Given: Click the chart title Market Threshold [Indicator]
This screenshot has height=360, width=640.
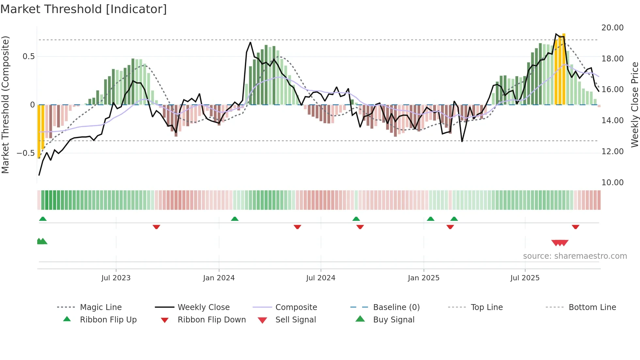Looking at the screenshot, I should click(84, 9).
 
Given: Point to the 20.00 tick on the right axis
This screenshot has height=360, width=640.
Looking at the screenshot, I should click(612, 28).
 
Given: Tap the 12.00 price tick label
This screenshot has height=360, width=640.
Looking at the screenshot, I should click(612, 152).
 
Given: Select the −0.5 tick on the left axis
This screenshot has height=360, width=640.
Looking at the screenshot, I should click(25, 153).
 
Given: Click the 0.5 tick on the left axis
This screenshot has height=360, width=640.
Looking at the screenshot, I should click(28, 57).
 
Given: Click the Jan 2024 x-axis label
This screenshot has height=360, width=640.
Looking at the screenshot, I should click(219, 278).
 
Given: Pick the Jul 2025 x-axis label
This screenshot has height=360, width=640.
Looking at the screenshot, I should click(525, 278).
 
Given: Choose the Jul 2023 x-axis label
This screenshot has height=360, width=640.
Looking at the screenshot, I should click(116, 278).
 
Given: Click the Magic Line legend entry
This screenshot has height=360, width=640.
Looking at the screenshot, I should click(101, 307).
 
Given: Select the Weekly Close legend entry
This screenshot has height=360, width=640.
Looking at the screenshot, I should click(203, 307).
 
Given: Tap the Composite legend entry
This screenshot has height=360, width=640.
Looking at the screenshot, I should click(296, 307).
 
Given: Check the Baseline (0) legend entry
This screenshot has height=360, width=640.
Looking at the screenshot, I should click(396, 307).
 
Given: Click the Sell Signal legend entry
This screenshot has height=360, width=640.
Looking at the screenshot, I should click(296, 320).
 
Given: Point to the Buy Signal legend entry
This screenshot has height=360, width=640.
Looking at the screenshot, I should click(393, 320).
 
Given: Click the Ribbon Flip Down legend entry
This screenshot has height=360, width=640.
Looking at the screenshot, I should click(212, 320).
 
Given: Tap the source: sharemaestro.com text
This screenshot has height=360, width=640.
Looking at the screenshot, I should click(575, 256).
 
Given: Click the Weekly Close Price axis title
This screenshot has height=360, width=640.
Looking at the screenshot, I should click(634, 105).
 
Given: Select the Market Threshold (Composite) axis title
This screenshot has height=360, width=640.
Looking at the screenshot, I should click(5, 105).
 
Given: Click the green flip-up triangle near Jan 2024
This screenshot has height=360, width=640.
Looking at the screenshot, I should click(235, 219).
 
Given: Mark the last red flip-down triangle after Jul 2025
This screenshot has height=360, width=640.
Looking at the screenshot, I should click(575, 227).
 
